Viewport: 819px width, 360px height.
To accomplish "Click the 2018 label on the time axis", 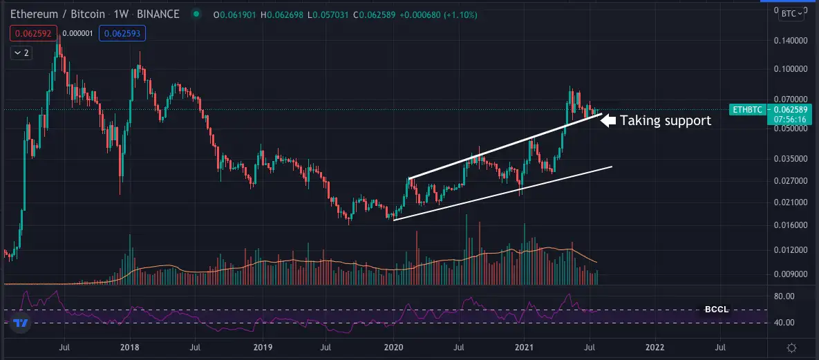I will click(x=130, y=347).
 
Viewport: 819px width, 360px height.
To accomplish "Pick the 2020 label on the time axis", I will click(x=393, y=347).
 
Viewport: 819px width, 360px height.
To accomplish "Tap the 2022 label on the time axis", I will click(x=655, y=347).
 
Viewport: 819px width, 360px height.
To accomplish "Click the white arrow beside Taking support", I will click(x=608, y=120).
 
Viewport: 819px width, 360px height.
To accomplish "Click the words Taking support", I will click(x=666, y=120).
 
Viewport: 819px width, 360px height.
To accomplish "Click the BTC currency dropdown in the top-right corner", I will click(x=793, y=13).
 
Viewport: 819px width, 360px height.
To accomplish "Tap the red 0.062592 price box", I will click(x=34, y=32).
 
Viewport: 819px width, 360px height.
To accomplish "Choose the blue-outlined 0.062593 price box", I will click(x=122, y=32).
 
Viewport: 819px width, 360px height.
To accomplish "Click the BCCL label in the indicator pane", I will click(x=715, y=310).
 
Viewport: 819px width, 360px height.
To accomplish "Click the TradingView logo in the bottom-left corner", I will click(x=21, y=323).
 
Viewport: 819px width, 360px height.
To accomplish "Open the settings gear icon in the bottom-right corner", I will click(x=793, y=347).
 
